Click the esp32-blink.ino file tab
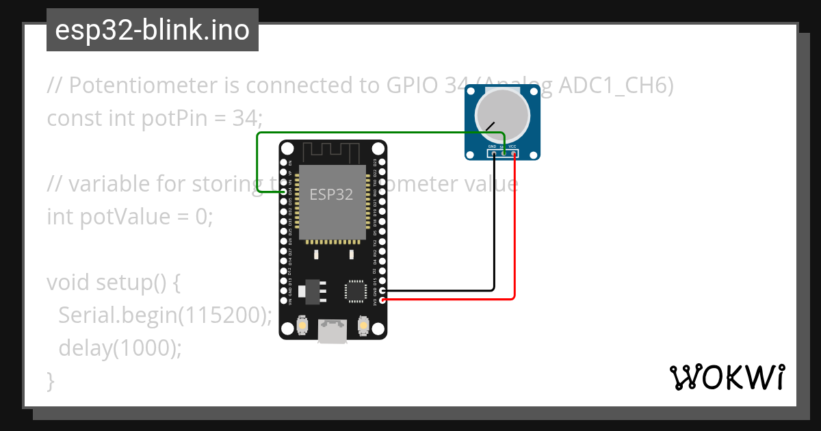152,30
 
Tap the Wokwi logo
727,377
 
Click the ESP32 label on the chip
331,194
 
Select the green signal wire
257,164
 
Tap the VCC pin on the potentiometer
514,153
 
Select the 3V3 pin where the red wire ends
382,300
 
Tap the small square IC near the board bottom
356,291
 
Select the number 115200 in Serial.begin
222,315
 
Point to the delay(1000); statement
120,348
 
